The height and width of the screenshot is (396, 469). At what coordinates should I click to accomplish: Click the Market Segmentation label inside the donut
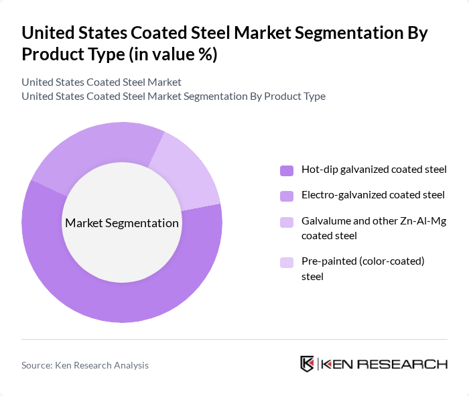coord(121,223)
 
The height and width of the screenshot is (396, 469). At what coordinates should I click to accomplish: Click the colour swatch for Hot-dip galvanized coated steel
coord(287,170)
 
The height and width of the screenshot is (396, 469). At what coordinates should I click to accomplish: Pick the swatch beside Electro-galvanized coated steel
coord(287,196)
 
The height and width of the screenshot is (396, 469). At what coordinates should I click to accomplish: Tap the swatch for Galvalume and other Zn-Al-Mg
coord(287,222)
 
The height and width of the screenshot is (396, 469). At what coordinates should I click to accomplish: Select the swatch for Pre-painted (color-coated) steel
coord(287,262)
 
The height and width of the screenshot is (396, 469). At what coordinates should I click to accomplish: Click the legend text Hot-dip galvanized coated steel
coord(374,170)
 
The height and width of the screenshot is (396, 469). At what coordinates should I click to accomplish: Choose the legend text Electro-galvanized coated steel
coord(373,195)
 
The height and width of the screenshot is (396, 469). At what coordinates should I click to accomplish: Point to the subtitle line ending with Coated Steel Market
coord(101,82)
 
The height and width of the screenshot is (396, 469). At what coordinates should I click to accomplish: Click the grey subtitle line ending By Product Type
coord(173,96)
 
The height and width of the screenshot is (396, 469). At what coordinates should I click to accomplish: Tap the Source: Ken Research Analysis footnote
coord(85,365)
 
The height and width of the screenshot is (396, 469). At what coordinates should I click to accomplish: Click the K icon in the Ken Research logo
coord(308,364)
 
